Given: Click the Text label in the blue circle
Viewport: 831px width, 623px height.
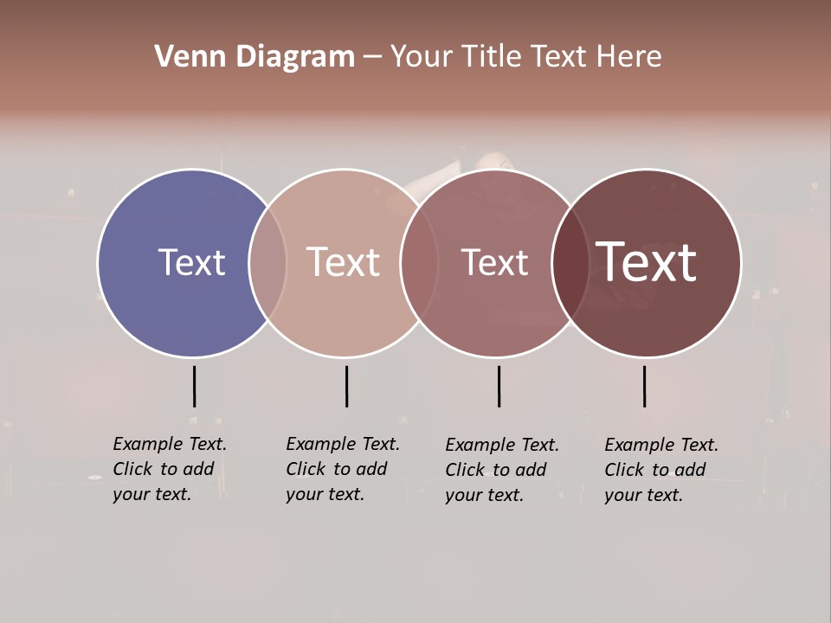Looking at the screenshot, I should tap(191, 263).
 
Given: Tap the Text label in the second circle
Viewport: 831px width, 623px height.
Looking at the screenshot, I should tap(343, 263).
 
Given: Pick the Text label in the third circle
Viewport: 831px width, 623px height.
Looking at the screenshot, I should tap(494, 263).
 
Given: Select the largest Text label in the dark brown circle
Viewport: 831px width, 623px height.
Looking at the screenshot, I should tap(646, 261).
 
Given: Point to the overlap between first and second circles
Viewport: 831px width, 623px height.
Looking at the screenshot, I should tap(267, 263).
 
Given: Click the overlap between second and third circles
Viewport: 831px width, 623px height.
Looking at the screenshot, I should tap(418, 263).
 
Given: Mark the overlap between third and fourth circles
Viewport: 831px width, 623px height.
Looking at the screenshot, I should tap(570, 263).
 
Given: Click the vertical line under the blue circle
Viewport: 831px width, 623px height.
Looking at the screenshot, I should tap(194, 386).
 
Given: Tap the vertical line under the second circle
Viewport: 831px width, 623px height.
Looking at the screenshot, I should tap(346, 386).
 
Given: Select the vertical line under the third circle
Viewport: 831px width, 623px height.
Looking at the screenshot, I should tap(499, 386).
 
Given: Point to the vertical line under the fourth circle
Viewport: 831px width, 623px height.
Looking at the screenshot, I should tap(644, 386).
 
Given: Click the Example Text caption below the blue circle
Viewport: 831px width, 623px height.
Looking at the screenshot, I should tap(169, 469).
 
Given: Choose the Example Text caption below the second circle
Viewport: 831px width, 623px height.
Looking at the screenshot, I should tap(342, 469).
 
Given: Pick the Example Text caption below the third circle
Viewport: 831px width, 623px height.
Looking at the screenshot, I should tap(501, 470).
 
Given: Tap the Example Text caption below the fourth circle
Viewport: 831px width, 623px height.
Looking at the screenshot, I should tap(660, 470).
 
